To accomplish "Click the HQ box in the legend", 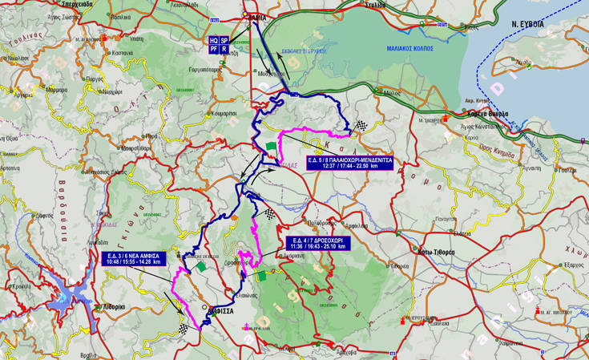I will coord(213,39).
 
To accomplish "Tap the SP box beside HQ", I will coord(224,39).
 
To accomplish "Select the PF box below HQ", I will coord(213,49).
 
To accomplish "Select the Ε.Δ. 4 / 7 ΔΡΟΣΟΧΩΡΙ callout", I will coord(318,243).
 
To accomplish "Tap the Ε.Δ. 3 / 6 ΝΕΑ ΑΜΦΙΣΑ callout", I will coord(135,258).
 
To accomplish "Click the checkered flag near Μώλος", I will coord(362,125).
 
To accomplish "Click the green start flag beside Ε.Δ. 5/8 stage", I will coord(271,148).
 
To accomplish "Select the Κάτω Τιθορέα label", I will coord(437,252).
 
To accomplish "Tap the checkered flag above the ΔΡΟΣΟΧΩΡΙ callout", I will coord(270,213).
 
